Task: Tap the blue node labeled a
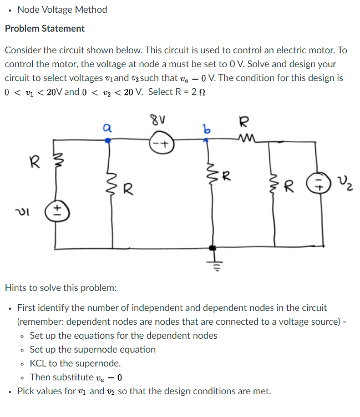108,141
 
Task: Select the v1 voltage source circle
58,212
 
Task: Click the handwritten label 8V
158,119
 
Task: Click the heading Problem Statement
45,28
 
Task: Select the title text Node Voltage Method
62,9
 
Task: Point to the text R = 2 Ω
182,92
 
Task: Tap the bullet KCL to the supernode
75,363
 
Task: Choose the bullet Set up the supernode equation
93,349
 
